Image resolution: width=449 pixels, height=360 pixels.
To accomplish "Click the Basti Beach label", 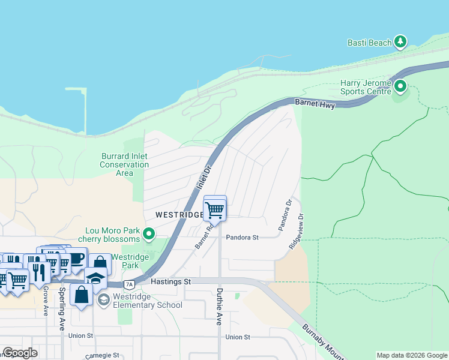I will tap(369, 43).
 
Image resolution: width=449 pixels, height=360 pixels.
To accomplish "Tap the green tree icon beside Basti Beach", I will tap(400, 42).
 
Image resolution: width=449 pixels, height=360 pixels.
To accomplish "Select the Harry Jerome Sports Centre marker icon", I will tap(400, 88).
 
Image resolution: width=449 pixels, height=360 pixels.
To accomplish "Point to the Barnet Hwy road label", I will tap(314, 103).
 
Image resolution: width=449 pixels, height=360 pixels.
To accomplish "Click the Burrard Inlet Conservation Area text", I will tap(124, 164).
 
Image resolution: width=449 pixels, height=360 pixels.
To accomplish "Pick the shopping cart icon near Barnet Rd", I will tap(215, 210).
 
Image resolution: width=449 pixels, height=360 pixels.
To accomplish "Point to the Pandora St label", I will tap(242, 238).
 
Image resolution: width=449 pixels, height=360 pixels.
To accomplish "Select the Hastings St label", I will tap(170, 281).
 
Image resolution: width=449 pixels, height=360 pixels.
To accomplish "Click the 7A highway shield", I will tap(128, 284).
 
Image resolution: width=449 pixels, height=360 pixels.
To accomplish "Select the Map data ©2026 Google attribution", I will tap(412, 355).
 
